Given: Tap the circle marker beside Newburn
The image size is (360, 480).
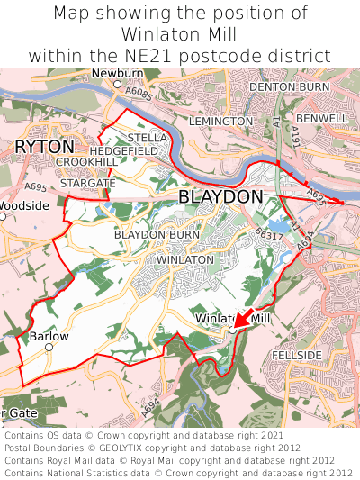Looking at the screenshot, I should tap(117, 84).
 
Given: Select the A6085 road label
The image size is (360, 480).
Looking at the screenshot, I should tap(139, 93).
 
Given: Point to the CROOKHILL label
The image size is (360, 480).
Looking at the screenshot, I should tap(85, 161).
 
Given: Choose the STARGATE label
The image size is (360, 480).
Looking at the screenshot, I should tap(88, 183).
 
